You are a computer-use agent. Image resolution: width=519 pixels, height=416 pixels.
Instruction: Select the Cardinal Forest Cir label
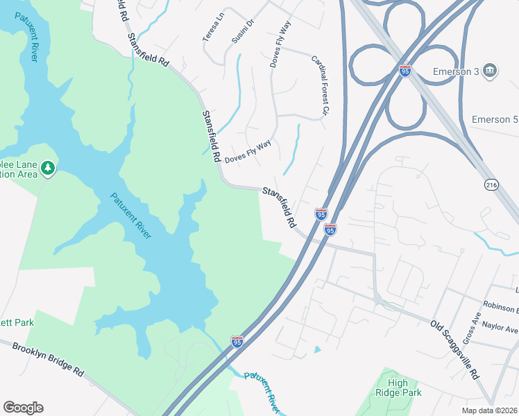[x=319, y=85]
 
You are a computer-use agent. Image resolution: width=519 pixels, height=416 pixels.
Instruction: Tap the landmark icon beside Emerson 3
[x=490, y=70]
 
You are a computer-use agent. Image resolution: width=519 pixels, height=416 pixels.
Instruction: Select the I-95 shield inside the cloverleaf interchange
[x=405, y=71]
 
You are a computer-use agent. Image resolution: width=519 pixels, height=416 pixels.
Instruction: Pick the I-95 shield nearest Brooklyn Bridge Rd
[x=237, y=341]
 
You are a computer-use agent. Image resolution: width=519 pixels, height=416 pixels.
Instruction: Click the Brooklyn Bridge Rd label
[x=48, y=359]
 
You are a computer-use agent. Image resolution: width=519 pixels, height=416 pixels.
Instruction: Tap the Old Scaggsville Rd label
[x=455, y=349]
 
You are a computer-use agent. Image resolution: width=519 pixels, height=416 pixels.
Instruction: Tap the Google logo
[x=23, y=408]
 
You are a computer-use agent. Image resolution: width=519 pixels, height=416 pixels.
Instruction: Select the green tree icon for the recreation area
[x=48, y=168]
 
